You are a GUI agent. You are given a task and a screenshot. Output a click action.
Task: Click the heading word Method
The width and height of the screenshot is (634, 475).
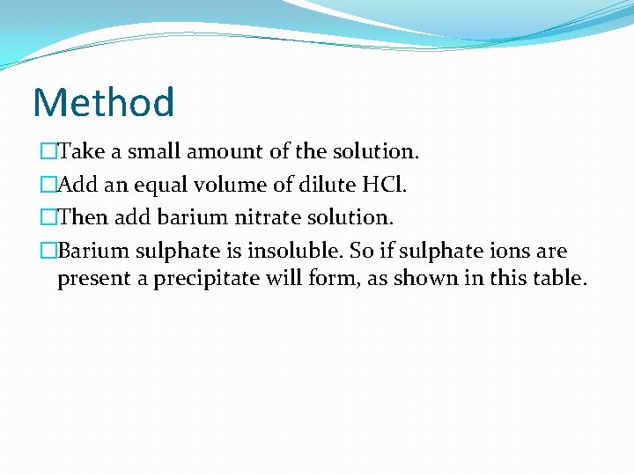point(103,102)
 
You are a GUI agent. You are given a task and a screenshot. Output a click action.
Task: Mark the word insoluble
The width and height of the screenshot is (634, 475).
point(294,252)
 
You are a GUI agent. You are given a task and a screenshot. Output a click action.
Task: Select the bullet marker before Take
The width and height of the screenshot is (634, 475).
point(48,151)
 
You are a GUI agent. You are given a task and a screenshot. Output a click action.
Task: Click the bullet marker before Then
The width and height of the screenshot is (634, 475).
point(48,218)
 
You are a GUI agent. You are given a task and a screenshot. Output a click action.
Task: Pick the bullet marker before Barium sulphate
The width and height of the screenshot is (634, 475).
point(48,252)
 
